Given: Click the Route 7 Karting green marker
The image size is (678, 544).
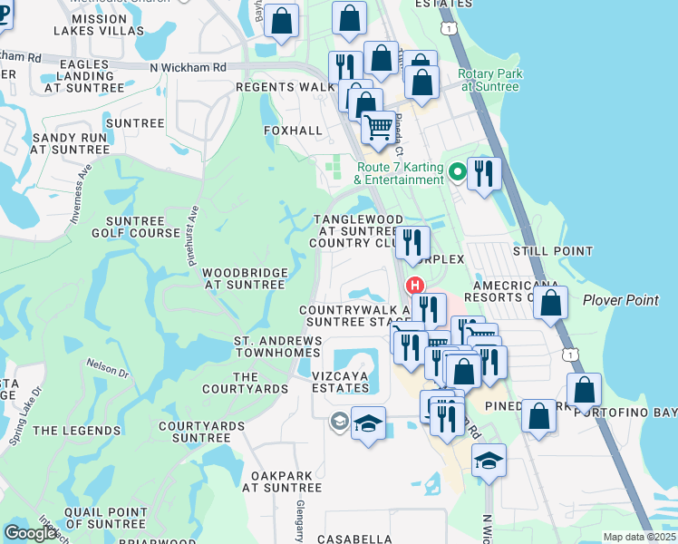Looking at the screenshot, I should tap(458, 169).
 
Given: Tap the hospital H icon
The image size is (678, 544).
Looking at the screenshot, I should tap(416, 285).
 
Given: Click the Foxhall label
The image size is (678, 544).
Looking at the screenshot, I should tap(293, 131).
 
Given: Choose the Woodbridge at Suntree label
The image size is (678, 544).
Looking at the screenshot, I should tap(245, 278).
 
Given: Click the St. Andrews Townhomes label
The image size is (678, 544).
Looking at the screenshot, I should tap(278, 346).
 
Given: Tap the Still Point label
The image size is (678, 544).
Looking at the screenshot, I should tap(552, 251).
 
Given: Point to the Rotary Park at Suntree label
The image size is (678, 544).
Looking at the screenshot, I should tap(489, 80).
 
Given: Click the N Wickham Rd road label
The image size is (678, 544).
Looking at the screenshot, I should tap(189, 67).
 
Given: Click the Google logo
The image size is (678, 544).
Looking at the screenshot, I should tap(31, 533).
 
